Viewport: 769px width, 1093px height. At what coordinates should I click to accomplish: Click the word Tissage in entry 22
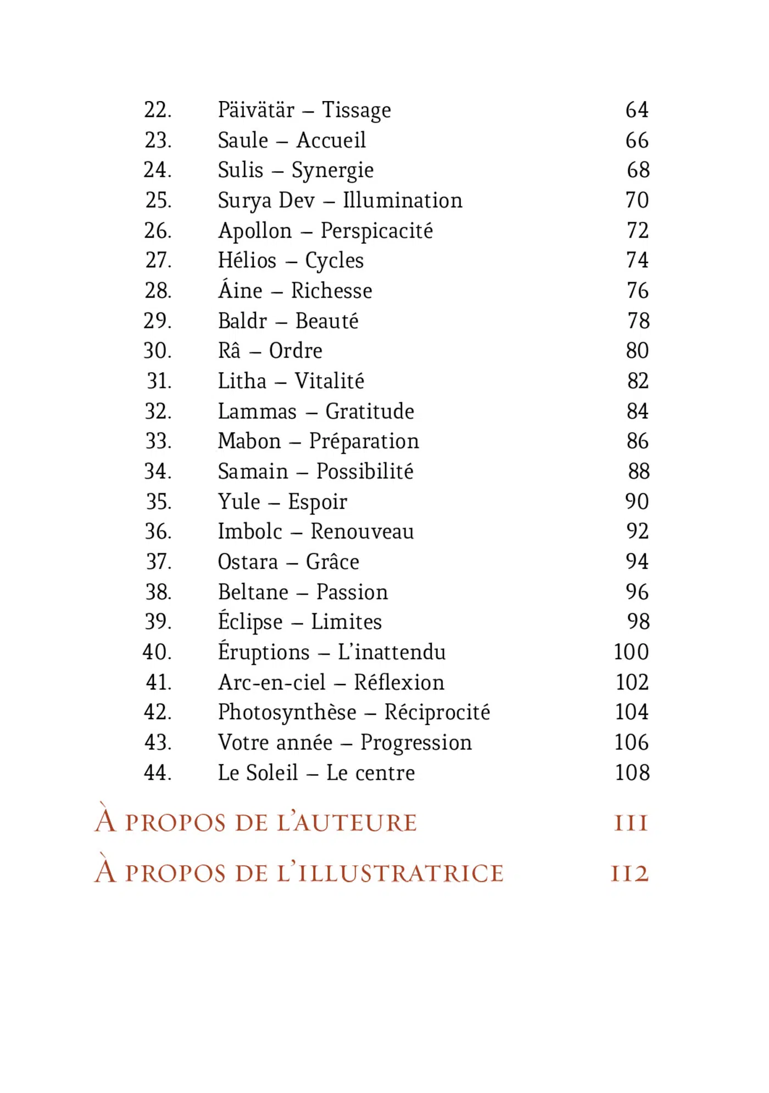pos(356,110)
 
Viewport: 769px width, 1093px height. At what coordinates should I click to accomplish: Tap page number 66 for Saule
pos(637,141)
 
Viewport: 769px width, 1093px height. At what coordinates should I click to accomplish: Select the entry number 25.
pos(158,200)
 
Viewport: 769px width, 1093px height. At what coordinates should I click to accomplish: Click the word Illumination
pos(403,200)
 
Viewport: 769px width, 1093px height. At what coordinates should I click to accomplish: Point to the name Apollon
pos(255,231)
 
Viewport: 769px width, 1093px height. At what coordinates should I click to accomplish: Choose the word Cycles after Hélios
pos(334,261)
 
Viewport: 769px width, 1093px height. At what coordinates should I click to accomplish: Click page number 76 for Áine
pos(637,290)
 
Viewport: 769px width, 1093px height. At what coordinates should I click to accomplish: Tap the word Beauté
pos(327,321)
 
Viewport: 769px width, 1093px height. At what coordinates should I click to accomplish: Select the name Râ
pos(229,351)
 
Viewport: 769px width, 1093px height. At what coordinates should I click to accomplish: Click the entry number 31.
pos(159,381)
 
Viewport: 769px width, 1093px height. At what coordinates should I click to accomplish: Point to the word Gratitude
pos(370,411)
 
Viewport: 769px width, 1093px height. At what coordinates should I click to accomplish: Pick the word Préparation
pos(364,441)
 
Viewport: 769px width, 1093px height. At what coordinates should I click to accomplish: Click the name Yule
pos(239,502)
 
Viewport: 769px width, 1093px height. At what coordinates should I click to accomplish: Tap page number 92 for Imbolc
pos(637,531)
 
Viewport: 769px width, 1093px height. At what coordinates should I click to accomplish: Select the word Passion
pos(352,592)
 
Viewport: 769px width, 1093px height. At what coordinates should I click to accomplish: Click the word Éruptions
pos(264,652)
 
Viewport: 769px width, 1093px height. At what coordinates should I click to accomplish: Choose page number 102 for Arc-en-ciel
pos(632,682)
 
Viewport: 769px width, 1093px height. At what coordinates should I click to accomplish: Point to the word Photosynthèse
pos(287,713)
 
